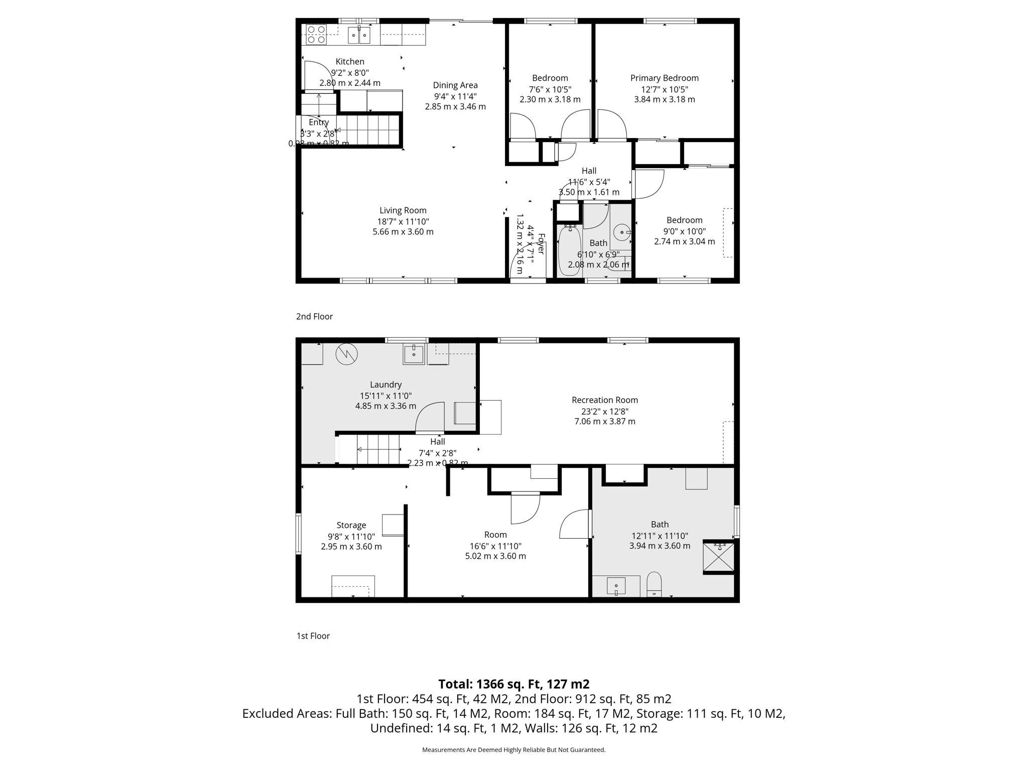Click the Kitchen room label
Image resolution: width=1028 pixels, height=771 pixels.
350,62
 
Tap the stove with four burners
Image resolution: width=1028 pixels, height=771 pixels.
316,35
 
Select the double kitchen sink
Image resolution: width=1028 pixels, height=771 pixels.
359,35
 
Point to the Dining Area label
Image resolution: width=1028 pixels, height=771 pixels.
455,85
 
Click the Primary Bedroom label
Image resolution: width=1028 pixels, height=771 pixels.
664,78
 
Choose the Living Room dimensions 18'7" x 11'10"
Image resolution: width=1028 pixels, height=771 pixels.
403,221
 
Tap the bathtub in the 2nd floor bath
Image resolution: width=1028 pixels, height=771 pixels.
570,251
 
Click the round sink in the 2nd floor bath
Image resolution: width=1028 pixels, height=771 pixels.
622,232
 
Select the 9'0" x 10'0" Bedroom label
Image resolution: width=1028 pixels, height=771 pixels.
684,220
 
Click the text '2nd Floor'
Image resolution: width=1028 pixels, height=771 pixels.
314,316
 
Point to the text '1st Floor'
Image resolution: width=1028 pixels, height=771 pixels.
313,636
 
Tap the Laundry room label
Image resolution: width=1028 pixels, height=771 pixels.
385,384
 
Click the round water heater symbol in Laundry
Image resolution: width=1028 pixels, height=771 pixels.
346,354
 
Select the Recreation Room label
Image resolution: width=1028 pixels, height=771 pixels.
604,400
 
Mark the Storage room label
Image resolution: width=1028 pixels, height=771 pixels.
351,525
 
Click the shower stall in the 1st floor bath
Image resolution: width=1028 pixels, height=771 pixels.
719,557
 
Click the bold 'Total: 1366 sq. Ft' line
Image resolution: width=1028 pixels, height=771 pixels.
513,684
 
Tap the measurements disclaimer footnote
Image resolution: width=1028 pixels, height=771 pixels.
513,750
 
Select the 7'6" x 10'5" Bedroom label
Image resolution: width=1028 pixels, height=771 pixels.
550,78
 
